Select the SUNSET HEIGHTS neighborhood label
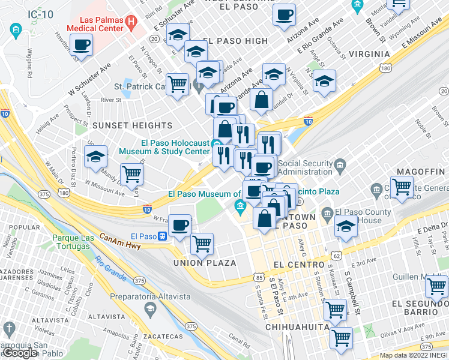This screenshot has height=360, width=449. (132, 125)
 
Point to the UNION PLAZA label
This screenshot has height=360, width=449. (203, 263)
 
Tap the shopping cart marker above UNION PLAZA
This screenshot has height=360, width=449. (202, 244)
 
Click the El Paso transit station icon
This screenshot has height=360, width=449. (161, 236)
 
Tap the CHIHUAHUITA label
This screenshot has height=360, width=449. (298, 326)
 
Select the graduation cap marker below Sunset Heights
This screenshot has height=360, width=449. (95, 157)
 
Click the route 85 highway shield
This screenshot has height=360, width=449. (259, 277)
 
